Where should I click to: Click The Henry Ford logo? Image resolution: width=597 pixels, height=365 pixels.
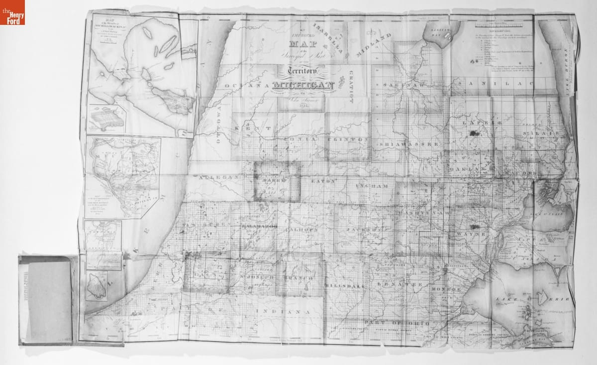pos(12,12)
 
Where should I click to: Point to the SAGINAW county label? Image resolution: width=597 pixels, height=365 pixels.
pos(401,86)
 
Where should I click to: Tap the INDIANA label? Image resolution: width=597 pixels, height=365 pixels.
pos(286,311)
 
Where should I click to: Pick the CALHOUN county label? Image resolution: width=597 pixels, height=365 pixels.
pos(301,230)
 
